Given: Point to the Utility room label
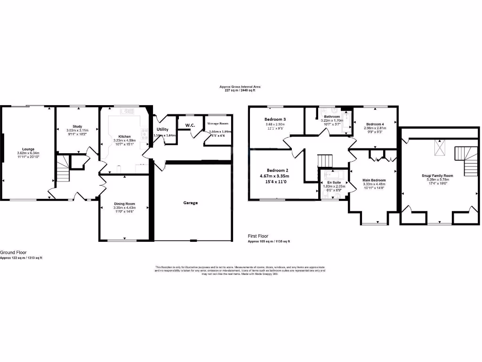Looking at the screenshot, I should click(162, 129).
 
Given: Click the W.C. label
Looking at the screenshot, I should click(190, 125).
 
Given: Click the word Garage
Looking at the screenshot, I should click(191, 203).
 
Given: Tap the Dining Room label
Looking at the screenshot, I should click(124, 204).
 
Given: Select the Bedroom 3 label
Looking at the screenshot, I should click(275, 120).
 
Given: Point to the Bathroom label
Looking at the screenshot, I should click(331, 116).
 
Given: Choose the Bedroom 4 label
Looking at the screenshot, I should click(375, 124).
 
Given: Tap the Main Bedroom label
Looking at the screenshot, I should click(374, 180).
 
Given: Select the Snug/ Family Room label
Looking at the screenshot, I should click(437, 175).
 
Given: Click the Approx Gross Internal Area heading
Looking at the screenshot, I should click(240, 87).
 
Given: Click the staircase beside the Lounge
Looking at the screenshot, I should click(63, 169).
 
